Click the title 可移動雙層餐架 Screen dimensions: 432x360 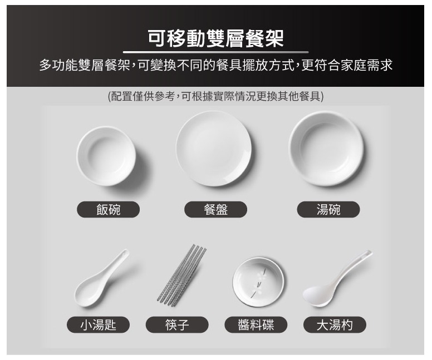[x=216, y=38]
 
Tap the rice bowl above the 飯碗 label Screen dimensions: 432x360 [x=106, y=156]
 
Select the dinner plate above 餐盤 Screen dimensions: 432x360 [x=214, y=149]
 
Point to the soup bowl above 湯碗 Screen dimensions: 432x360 [x=326, y=149]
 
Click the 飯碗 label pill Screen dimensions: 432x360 [x=108, y=209]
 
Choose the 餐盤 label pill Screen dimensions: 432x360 [x=216, y=209]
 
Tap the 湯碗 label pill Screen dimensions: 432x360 [x=328, y=209]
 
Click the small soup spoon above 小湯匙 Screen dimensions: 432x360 [x=101, y=278]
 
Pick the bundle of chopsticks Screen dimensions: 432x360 [x=181, y=275]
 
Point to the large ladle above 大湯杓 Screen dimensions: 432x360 [x=337, y=279]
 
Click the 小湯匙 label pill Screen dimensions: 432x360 [x=98, y=325]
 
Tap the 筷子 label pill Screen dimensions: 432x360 [x=177, y=325]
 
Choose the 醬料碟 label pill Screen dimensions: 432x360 [x=256, y=325]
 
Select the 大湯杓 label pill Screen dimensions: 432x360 [x=335, y=325]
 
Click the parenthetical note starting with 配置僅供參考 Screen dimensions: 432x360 [x=216, y=96]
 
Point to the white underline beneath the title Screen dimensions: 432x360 [x=216, y=52]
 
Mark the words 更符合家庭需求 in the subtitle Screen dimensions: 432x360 [x=347, y=66]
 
